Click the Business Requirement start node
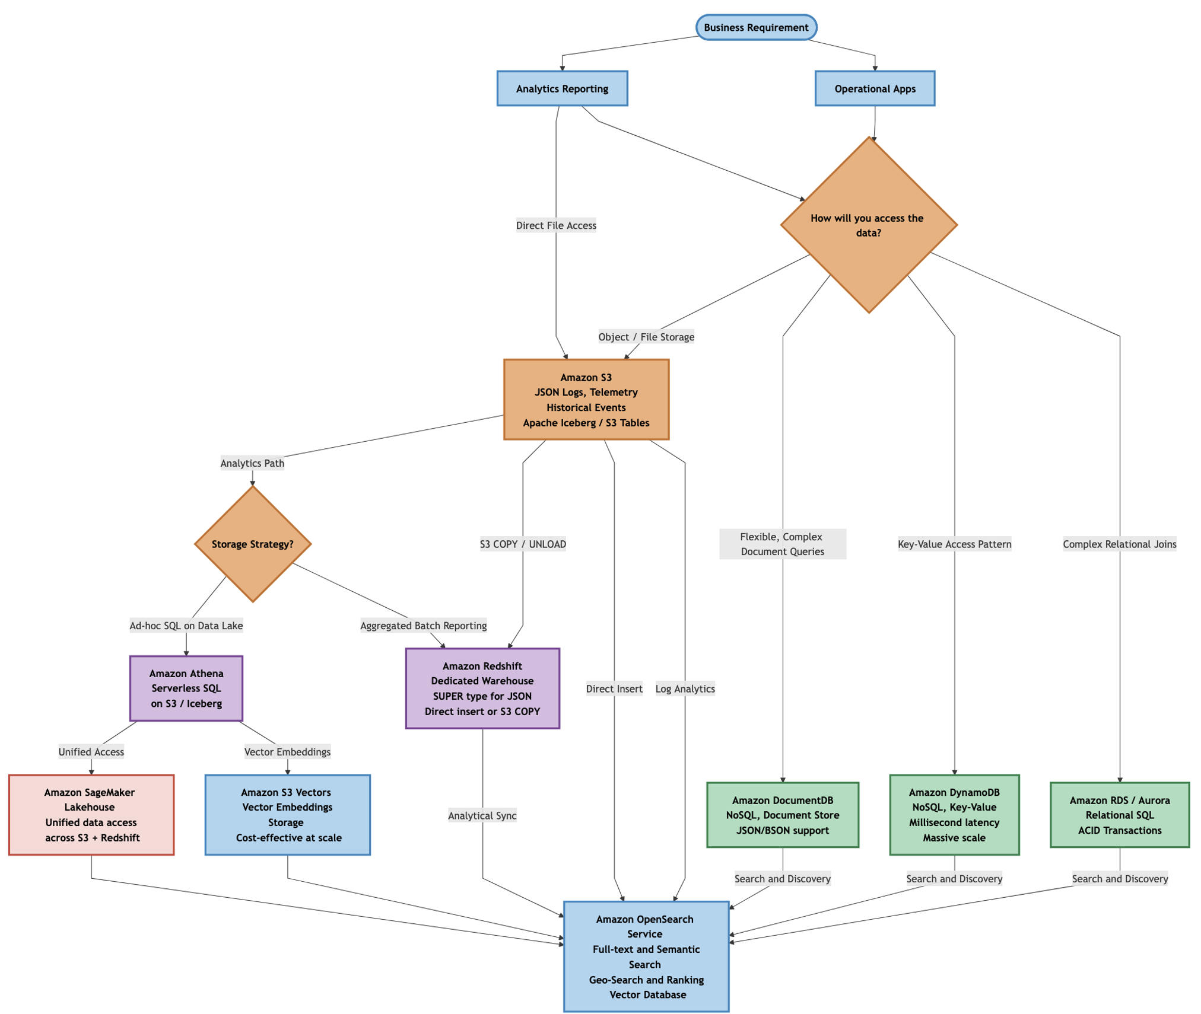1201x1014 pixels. point(756,27)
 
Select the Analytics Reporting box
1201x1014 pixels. point(562,88)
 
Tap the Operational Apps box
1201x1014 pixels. point(875,88)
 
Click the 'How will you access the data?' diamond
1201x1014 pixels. point(868,225)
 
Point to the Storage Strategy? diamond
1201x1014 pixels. point(253,544)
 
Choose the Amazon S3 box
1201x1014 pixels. point(586,399)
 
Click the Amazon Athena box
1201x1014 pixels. point(186,688)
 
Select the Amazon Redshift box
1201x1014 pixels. point(482,688)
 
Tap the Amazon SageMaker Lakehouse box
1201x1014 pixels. point(91,814)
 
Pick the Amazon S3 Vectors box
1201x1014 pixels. point(288,814)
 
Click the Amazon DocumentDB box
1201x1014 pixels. point(782,815)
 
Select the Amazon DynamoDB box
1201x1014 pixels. point(954,814)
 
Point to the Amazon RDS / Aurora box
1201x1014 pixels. point(1120,815)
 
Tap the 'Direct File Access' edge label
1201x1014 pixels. point(556,225)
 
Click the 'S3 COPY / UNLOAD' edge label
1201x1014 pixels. point(523,544)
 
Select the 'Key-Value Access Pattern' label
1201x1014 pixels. point(954,544)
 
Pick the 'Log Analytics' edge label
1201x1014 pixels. point(685,688)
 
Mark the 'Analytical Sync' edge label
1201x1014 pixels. point(482,815)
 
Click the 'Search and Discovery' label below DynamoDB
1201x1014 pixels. point(954,878)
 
